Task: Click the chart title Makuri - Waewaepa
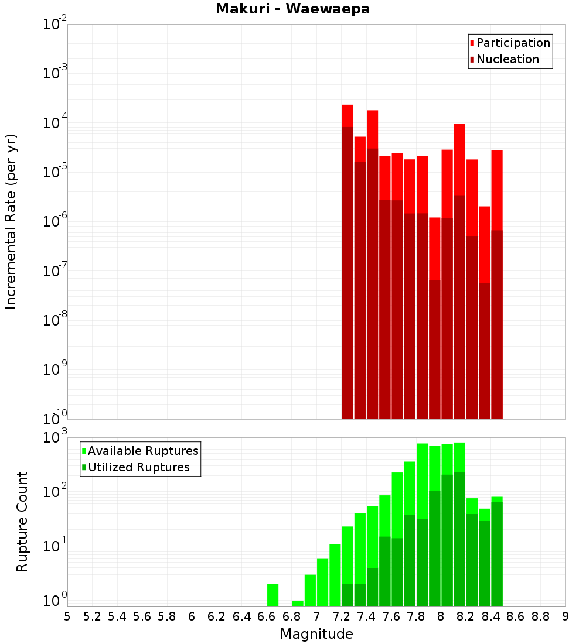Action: (292, 9)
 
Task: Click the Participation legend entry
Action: (513, 43)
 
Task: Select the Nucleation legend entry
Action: (507, 59)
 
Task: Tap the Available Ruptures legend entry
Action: (143, 451)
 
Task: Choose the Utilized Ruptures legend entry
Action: (138, 467)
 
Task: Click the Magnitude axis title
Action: (316, 634)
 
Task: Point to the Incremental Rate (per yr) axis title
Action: (11, 221)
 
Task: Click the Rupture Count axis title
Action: (22, 522)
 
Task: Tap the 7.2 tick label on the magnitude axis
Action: (341, 616)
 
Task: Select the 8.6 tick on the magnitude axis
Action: (516, 616)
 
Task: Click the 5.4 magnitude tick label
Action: (117, 616)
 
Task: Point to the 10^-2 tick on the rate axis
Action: (55, 25)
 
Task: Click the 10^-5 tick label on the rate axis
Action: (55, 172)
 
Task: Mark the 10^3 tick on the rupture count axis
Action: (55, 438)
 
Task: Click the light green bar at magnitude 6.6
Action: (272, 595)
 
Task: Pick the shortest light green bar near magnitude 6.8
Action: (298, 603)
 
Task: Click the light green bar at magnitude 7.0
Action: (322, 582)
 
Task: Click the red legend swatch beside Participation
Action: (472, 43)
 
